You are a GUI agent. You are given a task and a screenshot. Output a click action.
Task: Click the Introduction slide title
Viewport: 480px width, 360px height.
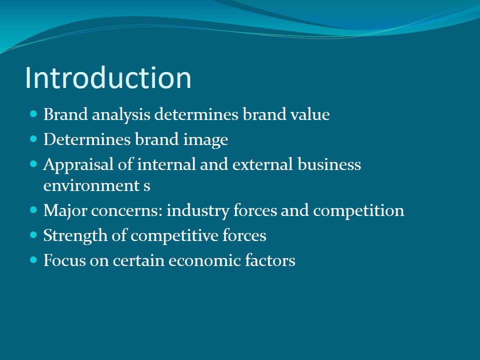coord(108,77)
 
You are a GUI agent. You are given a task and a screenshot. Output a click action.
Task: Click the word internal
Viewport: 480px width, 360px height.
coord(166,164)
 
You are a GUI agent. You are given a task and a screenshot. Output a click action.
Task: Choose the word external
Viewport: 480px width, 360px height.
coord(262,164)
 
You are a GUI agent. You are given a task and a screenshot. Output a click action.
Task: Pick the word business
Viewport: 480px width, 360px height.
coord(329,164)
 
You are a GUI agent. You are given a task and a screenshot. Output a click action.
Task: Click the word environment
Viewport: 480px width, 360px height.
coord(91,185)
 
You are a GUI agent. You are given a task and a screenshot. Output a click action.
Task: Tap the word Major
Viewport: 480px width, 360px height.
coord(65,211)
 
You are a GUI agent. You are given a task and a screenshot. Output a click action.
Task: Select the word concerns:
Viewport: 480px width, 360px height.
coord(126,211)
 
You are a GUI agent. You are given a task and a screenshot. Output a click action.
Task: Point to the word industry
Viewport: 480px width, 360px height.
coord(198,211)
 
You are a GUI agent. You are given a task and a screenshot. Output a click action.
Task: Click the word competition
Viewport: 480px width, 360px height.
coord(358,211)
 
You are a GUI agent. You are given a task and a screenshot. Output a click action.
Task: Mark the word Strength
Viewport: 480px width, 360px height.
coord(75,236)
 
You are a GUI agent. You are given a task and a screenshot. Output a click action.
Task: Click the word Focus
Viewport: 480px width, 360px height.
coord(64,260)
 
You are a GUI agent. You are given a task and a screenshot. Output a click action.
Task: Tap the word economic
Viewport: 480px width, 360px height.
coord(204,261)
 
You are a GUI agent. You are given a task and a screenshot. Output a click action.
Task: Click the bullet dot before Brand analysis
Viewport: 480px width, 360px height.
coord(33,114)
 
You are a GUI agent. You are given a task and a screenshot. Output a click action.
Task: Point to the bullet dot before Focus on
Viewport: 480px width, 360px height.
coord(33,260)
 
